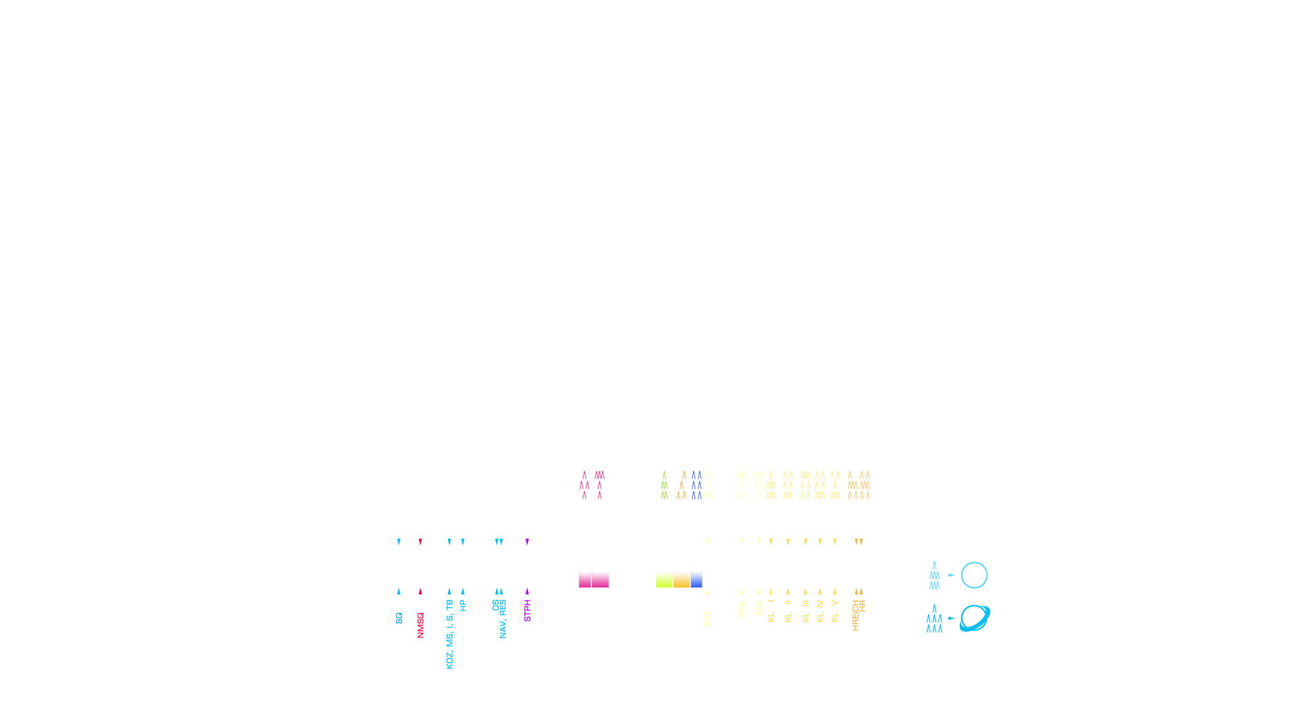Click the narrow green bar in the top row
pyautogui.click(x=664, y=485)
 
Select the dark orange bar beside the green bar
pyautogui.click(x=681, y=485)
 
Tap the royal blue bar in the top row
pyautogui.click(x=696, y=485)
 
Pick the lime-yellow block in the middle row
pyautogui.click(x=664, y=577)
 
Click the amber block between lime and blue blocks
pyautogui.click(x=681, y=577)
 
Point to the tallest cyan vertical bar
pyautogui.click(x=450, y=634)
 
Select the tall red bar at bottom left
pyautogui.click(x=421, y=625)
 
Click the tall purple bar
pyautogui.click(x=527, y=610)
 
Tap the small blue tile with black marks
pyautogui.click(x=399, y=618)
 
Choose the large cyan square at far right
pyautogui.click(x=974, y=575)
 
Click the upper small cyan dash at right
pyautogui.click(x=952, y=575)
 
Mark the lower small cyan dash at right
pyautogui.click(x=952, y=618)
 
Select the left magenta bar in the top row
pyautogui.click(x=584, y=482)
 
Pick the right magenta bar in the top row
pyautogui.click(x=599, y=482)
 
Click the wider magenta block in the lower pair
pyautogui.click(x=600, y=577)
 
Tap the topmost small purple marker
pyautogui.click(x=527, y=542)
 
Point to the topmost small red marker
pyautogui.click(x=421, y=542)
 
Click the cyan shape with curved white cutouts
pyautogui.click(x=974, y=618)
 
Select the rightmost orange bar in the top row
pyautogui.click(x=865, y=485)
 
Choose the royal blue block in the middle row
pyautogui.click(x=696, y=577)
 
